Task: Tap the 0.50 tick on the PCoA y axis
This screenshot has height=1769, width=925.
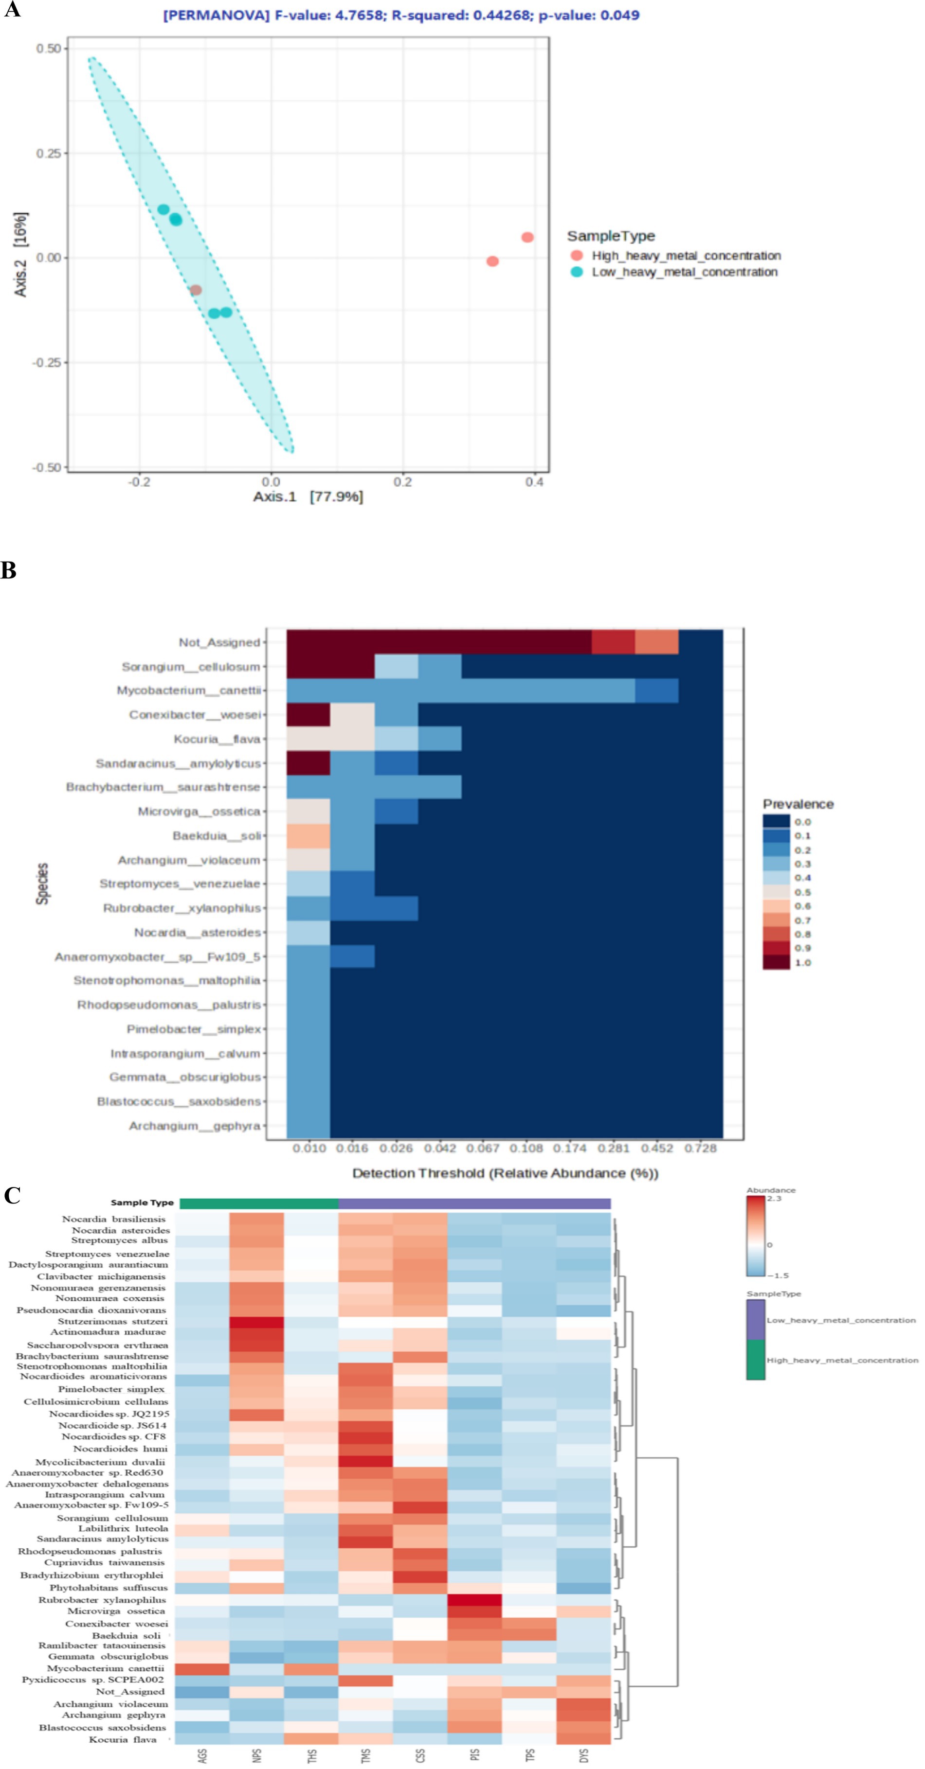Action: tap(48, 49)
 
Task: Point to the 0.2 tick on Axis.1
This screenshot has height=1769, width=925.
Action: tap(403, 482)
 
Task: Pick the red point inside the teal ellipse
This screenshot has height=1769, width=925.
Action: tap(196, 290)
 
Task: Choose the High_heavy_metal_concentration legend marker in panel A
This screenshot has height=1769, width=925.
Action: tap(577, 255)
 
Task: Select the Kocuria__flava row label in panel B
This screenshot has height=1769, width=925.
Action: tap(217, 739)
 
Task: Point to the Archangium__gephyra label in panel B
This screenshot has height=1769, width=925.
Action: tap(195, 1126)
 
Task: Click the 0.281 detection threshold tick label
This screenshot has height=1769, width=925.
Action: tap(613, 1148)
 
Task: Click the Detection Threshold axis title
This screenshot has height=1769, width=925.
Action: tap(505, 1173)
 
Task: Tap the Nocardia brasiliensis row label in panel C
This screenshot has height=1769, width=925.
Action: tap(113, 1219)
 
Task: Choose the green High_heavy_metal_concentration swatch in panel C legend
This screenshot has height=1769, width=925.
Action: tap(755, 1360)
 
